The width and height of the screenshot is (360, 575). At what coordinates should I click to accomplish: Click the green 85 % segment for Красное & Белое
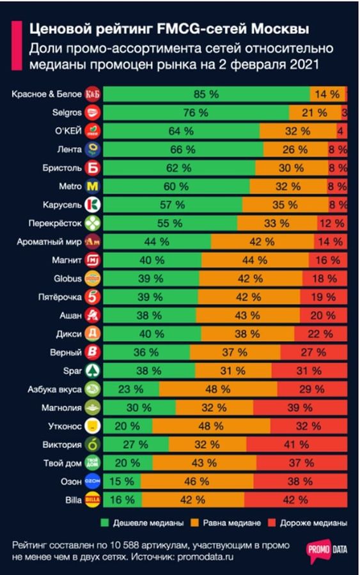[x=206, y=94]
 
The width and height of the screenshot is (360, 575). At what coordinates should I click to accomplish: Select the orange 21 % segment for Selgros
[x=314, y=112]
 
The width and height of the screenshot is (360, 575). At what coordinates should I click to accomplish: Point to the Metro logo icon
[x=93, y=187]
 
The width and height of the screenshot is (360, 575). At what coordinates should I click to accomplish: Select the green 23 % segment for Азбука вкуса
[x=131, y=389]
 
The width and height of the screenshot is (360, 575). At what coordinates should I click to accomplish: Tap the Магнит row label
[x=66, y=260]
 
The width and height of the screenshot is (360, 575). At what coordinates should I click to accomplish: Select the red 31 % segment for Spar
[x=312, y=371]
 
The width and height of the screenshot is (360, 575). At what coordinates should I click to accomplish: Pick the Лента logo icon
[x=93, y=149]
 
